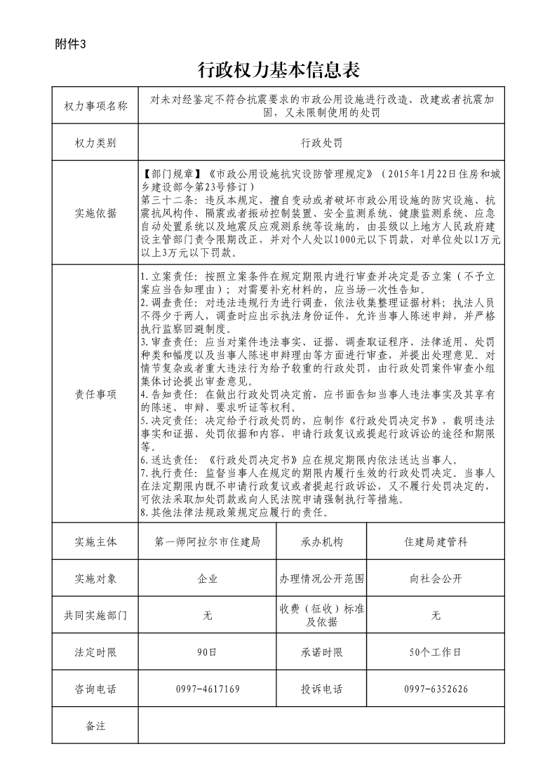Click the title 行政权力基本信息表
point(278,69)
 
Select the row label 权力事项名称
point(95,106)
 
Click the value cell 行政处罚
point(321,142)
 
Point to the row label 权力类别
point(95,142)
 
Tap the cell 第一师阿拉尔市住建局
point(207,542)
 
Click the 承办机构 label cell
point(322,542)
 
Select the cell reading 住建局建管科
point(436,542)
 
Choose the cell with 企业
point(207,579)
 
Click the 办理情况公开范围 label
point(322,579)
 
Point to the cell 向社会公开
point(436,579)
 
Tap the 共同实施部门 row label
point(95,615)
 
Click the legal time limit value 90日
point(207,652)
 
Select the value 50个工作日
point(436,652)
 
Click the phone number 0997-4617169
point(207,689)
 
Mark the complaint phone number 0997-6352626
point(436,689)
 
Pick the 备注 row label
point(95,726)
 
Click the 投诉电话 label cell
point(322,689)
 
